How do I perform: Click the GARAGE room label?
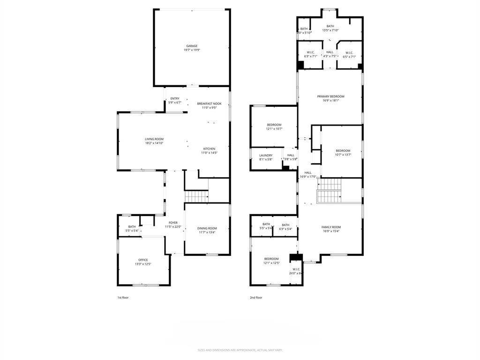[191, 46]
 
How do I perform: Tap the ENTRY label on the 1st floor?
[174, 98]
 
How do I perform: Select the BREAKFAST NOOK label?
[209, 104]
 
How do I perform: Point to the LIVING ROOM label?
[154, 139]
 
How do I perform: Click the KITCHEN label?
[209, 149]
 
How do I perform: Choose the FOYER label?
[173, 223]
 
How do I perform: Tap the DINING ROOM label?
[207, 228]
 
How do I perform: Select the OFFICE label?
[143, 260]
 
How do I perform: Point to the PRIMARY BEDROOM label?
[330, 96]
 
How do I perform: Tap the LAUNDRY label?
[266, 155]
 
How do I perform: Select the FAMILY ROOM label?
[331, 227]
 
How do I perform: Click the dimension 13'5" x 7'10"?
[330, 30]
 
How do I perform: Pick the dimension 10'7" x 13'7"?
[343, 155]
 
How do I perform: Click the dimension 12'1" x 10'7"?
[274, 129]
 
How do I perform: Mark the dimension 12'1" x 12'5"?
[271, 263]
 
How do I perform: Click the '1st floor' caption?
[122, 297]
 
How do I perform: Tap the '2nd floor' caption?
[256, 297]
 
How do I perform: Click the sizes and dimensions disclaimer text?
[240, 350]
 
